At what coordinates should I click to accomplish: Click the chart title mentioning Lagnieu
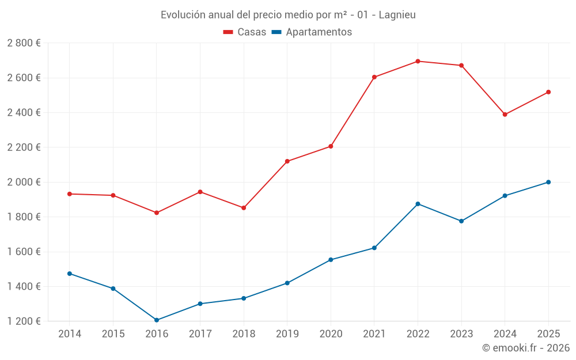point(288,15)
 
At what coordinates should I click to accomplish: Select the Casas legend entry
point(245,32)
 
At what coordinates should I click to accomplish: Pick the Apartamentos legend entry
point(312,32)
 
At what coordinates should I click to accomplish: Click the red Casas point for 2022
point(418,61)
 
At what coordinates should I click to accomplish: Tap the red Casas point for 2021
point(374,77)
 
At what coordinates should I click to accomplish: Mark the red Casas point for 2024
point(505,115)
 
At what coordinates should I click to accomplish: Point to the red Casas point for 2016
point(157,213)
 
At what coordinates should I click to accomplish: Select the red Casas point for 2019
point(287,161)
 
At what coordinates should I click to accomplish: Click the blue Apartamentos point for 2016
point(157,320)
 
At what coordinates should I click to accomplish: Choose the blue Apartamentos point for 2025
point(548,182)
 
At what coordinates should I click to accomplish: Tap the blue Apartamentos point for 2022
point(418,204)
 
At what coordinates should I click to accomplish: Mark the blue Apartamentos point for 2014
point(70,274)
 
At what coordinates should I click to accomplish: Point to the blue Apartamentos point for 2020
point(331,260)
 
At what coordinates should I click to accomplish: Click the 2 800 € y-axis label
point(24,43)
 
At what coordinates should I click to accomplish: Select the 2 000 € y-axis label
point(24,182)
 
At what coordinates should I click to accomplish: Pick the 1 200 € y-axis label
point(24,321)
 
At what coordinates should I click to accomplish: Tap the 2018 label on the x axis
point(244,334)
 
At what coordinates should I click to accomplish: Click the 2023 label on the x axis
point(461,334)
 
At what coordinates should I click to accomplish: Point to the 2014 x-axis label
point(70,334)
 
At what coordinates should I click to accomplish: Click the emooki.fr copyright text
point(525,348)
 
